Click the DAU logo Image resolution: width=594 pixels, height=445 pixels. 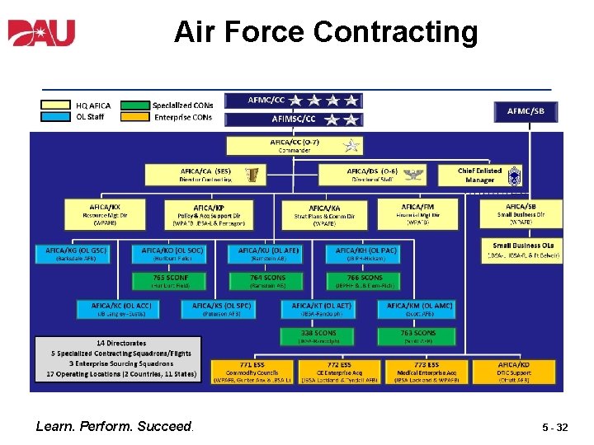click(41, 33)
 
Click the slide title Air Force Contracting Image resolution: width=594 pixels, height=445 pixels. click(326, 32)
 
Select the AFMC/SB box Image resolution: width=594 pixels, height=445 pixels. click(526, 110)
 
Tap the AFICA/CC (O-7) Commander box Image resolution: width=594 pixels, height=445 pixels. click(295, 146)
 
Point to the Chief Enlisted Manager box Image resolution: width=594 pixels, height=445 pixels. click(479, 175)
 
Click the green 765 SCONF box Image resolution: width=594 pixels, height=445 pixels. click(171, 281)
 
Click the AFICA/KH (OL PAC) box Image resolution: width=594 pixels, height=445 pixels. click(365, 253)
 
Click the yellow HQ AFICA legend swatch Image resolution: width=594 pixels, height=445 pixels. click(55, 105)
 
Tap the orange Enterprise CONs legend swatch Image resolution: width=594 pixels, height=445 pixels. click(136, 117)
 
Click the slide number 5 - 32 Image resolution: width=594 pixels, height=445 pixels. click(554, 428)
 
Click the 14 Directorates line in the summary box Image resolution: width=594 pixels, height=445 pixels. click(121, 343)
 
